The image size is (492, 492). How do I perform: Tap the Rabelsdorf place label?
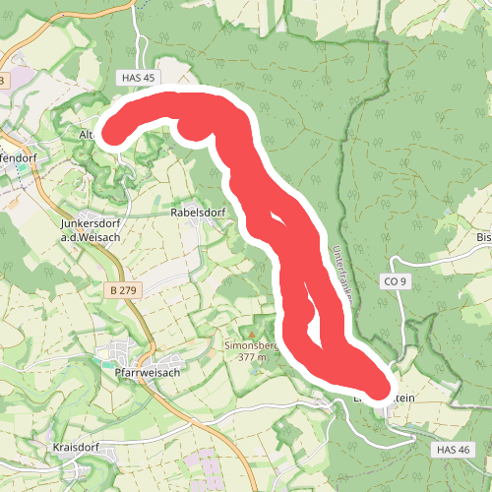click(x=198, y=212)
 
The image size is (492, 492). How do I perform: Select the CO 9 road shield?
click(x=394, y=281)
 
